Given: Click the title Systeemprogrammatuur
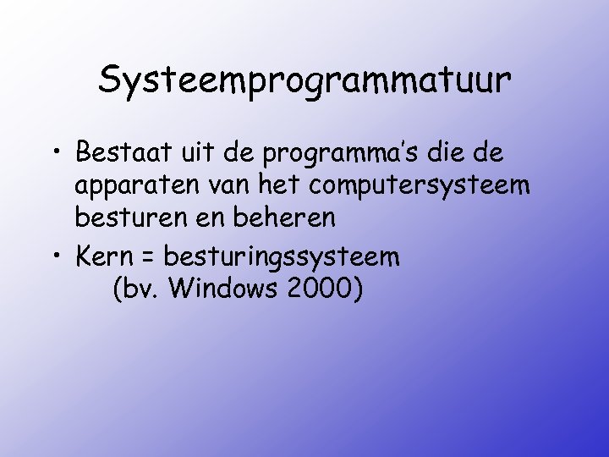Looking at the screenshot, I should point(304,81).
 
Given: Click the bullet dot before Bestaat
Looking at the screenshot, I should point(54,157).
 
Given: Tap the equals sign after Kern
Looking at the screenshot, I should point(149,255).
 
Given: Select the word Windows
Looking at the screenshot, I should point(222,289).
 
